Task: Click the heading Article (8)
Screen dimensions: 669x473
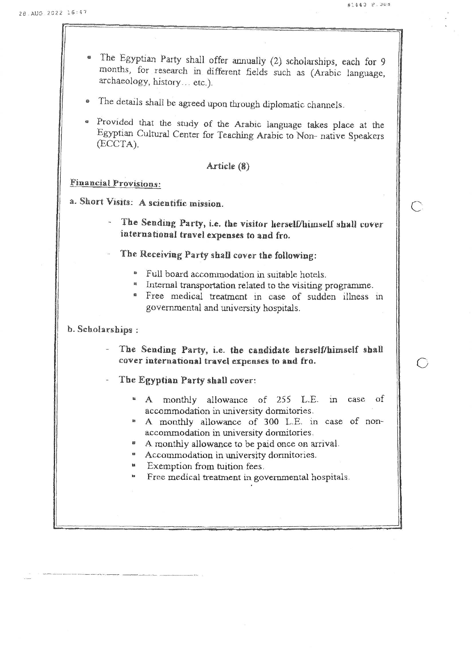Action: coord(228,166)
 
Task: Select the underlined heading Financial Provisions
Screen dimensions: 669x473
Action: coord(115,183)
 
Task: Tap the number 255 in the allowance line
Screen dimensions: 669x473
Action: coord(284,400)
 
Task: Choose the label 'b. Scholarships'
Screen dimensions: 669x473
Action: coord(100,329)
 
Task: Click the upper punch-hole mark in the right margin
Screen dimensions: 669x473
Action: coord(417,206)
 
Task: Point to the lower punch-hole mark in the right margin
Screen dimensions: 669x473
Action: coord(422,363)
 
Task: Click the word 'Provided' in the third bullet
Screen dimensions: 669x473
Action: coord(115,122)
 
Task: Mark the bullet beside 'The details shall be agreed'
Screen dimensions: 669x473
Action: coord(88,102)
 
